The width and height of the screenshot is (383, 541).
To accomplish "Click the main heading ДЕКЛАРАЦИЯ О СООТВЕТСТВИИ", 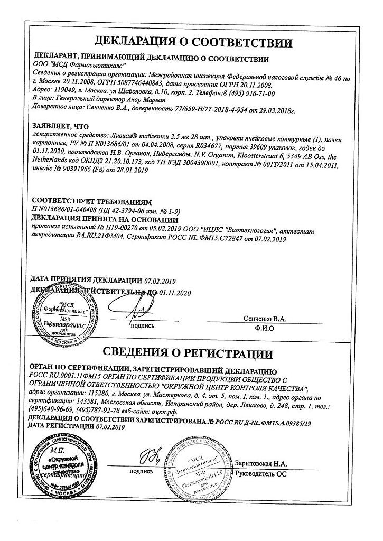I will point(191,41).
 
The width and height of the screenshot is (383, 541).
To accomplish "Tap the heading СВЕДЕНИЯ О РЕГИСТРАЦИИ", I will point(191,353).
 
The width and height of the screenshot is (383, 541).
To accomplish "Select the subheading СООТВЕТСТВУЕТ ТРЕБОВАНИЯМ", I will point(92,202).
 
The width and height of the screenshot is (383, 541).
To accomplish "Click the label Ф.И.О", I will point(270,327).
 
